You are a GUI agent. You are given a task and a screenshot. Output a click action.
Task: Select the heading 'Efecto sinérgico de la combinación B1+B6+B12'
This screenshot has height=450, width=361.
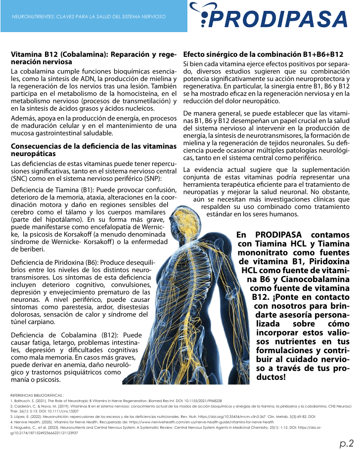point(263,54)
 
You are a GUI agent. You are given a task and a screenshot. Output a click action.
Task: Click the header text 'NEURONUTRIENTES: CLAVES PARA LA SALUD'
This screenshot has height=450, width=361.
point(89,16)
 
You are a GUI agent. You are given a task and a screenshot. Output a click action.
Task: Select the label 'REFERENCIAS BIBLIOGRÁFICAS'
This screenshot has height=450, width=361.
point(37,395)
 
